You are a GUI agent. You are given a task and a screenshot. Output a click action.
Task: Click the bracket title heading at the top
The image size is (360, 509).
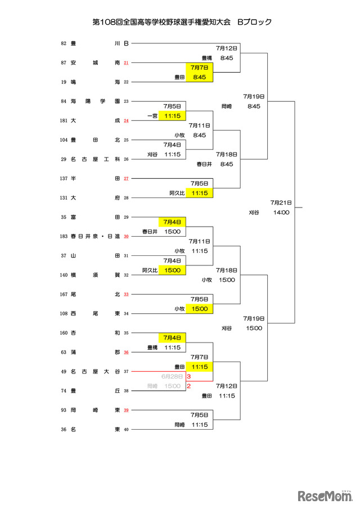tap(182, 22)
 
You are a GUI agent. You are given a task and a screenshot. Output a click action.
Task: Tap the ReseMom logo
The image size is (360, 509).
tap(325, 496)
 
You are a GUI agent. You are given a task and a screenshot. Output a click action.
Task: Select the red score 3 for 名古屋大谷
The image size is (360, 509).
tap(188, 377)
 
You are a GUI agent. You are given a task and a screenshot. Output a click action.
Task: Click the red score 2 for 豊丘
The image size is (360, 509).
tap(188, 386)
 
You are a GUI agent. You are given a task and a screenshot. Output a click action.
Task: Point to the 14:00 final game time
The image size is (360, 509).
tap(281, 212)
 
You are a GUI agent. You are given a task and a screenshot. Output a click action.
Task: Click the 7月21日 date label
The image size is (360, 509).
tap(281, 202)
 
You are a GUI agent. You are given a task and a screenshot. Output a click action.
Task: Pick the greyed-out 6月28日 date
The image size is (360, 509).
tap(172, 376)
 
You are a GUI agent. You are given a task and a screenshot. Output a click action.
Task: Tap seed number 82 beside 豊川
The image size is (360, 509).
tap(64, 43)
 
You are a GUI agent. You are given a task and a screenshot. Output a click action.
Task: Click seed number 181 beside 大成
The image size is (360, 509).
tap(64, 120)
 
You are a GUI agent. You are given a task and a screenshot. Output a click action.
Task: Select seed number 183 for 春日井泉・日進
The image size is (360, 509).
tap(64, 236)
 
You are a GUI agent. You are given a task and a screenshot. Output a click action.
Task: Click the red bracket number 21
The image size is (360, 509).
tap(126, 62)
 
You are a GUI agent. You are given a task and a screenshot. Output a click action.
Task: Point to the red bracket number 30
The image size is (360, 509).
tap(126, 236)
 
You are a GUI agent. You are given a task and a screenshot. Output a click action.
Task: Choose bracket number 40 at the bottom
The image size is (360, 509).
tap(126, 430)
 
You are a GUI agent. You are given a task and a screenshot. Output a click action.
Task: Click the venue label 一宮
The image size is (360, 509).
tap(152, 116)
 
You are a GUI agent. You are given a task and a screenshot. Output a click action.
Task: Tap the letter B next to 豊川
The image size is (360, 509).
tap(126, 43)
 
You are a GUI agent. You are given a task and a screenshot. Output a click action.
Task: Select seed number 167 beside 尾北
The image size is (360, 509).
tap(64, 294)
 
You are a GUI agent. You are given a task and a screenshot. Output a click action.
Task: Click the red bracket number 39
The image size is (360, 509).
tap(126, 410)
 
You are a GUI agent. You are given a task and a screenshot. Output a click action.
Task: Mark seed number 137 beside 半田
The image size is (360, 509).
tap(64, 178)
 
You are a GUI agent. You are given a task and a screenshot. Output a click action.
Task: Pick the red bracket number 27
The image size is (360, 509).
tap(126, 178)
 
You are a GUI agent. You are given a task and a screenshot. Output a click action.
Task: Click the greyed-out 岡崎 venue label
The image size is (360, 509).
tap(152, 386)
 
